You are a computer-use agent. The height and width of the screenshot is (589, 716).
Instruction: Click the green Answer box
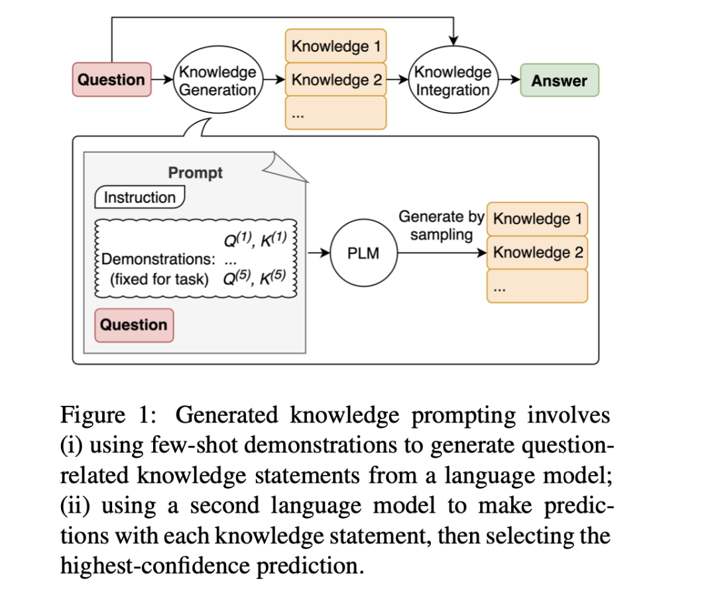pyautogui.click(x=559, y=80)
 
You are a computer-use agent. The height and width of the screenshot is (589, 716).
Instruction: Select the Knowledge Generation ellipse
pyautogui.click(x=217, y=80)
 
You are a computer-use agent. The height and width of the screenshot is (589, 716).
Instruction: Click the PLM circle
pyautogui.click(x=363, y=253)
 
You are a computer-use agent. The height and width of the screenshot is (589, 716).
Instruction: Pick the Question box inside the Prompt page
pyautogui.click(x=134, y=325)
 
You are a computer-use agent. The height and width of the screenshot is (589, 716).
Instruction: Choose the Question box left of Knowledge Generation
pyautogui.click(x=111, y=80)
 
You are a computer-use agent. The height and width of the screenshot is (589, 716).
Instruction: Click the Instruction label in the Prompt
pyautogui.click(x=140, y=197)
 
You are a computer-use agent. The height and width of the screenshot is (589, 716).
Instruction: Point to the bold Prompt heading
pyautogui.click(x=195, y=172)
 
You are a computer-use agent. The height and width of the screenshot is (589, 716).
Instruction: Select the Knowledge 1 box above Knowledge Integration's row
pyautogui.click(x=336, y=46)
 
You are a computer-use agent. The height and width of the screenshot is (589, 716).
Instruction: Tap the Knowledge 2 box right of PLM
pyautogui.click(x=538, y=253)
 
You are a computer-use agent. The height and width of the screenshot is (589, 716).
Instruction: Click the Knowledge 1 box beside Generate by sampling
pyautogui.click(x=538, y=219)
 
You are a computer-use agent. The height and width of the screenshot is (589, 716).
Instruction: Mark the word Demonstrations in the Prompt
pyautogui.click(x=152, y=259)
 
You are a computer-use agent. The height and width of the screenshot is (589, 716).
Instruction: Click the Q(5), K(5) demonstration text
pyautogui.click(x=255, y=277)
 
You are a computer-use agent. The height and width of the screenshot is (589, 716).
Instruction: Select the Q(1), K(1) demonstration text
pyautogui.click(x=255, y=239)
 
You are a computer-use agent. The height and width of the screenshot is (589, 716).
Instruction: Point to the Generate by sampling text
pyautogui.click(x=440, y=226)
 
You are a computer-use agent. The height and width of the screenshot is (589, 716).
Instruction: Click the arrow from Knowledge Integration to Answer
pyautogui.click(x=509, y=80)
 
